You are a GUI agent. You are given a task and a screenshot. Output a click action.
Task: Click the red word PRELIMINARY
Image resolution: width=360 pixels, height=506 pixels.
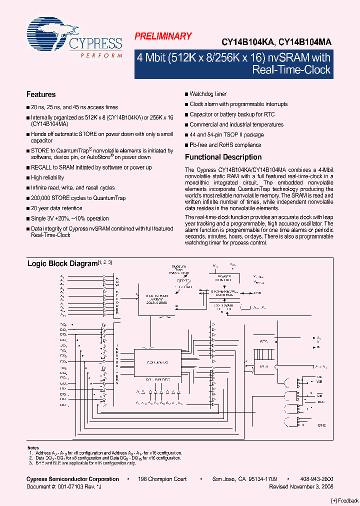pos(163,36)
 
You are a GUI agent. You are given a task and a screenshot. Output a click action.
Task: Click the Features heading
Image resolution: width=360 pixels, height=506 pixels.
pos(41,94)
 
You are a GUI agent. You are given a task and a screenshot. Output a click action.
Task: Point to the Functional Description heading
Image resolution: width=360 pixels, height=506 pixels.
pos(223,157)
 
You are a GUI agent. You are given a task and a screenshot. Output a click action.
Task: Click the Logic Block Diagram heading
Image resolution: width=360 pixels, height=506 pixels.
pos(61,263)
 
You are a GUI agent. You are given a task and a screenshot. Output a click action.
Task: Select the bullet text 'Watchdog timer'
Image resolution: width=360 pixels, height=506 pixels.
pos(208,94)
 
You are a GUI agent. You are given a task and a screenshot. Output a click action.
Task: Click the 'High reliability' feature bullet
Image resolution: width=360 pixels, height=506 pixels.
pos(47,178)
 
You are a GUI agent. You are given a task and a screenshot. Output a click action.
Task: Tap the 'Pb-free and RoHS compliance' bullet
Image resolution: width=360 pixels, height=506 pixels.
pos(225,145)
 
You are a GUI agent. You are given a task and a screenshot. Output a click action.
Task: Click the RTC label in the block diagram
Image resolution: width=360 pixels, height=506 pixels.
pos(264,342)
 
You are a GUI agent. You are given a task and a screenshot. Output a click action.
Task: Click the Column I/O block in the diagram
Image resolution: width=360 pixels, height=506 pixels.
pos(157,361)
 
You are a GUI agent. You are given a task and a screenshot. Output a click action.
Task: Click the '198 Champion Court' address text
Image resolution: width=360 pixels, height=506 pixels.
pos(162,479)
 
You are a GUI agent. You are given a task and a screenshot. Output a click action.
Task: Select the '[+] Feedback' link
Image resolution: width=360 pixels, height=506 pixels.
pos(345,500)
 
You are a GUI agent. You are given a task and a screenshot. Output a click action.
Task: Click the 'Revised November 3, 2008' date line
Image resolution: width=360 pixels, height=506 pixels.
pos(301,486)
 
